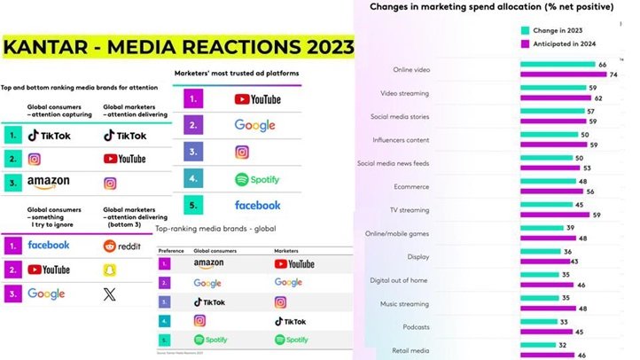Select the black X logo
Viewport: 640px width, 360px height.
pos(110,294)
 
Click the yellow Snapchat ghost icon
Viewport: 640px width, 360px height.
pos(110,269)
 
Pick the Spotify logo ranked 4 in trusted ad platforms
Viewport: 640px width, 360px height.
pos(256,179)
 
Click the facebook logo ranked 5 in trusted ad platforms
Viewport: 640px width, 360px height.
pos(257,205)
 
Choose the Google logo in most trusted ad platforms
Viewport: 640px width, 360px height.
pos(255,125)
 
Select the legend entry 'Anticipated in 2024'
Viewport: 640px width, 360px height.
pos(562,43)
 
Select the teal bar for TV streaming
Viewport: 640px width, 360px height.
pos(546,204)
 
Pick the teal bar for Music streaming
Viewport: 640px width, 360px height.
pos(541,297)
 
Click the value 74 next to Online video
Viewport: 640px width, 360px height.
pos(613,75)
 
